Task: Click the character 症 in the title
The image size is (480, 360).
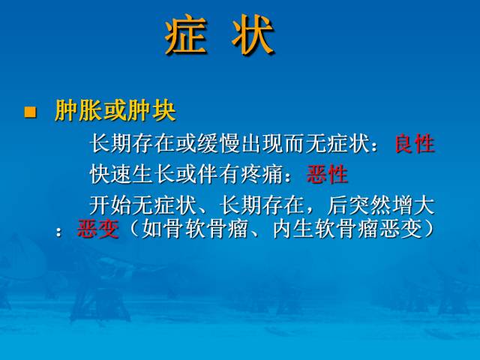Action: (x=185, y=37)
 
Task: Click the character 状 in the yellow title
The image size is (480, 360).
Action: (x=253, y=37)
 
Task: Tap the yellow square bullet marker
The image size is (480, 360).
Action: (x=31, y=112)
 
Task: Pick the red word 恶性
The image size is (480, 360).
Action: (x=328, y=175)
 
